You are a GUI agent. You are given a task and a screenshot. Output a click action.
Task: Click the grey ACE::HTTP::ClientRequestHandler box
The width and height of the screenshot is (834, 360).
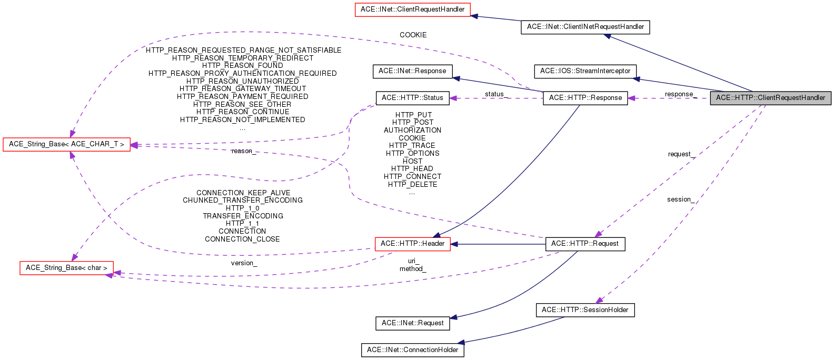tap(770, 98)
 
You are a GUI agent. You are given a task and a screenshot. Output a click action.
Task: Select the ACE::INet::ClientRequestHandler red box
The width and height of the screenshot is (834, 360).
tap(412, 9)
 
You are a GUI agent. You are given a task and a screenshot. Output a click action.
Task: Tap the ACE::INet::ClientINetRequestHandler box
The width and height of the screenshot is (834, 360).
tap(585, 27)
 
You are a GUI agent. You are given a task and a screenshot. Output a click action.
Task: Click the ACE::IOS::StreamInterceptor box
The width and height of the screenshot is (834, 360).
tap(585, 71)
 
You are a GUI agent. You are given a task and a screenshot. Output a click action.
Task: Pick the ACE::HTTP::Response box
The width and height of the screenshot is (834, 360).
tap(585, 98)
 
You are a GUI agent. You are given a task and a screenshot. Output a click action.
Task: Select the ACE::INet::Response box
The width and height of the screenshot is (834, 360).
tap(412, 71)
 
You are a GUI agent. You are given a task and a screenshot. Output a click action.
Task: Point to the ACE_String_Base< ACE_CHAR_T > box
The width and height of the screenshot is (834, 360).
tap(66, 144)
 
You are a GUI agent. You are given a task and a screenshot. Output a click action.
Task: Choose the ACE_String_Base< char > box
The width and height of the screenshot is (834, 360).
tap(66, 268)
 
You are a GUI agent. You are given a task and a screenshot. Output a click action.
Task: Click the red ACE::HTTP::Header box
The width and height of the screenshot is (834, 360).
tap(412, 244)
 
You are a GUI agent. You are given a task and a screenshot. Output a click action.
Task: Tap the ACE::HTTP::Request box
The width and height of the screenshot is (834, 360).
tap(585, 244)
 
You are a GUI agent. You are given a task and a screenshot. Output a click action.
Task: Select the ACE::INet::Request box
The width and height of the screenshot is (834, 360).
tap(412, 323)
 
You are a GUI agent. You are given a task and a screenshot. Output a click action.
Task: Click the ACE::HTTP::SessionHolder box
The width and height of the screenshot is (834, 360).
tap(585, 310)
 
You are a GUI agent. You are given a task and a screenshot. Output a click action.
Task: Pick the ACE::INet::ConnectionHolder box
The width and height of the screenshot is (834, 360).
tap(412, 350)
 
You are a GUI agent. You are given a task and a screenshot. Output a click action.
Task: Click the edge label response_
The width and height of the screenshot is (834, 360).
tap(680, 94)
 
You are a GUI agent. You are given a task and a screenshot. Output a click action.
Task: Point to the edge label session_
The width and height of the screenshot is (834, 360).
tap(680, 199)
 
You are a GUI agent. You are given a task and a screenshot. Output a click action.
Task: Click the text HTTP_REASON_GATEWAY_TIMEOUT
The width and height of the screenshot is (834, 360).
tap(242, 89)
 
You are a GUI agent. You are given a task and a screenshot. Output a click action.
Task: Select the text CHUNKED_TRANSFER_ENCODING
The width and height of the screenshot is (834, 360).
tap(242, 201)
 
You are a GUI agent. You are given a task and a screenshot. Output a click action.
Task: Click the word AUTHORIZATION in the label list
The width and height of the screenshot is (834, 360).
tap(412, 131)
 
